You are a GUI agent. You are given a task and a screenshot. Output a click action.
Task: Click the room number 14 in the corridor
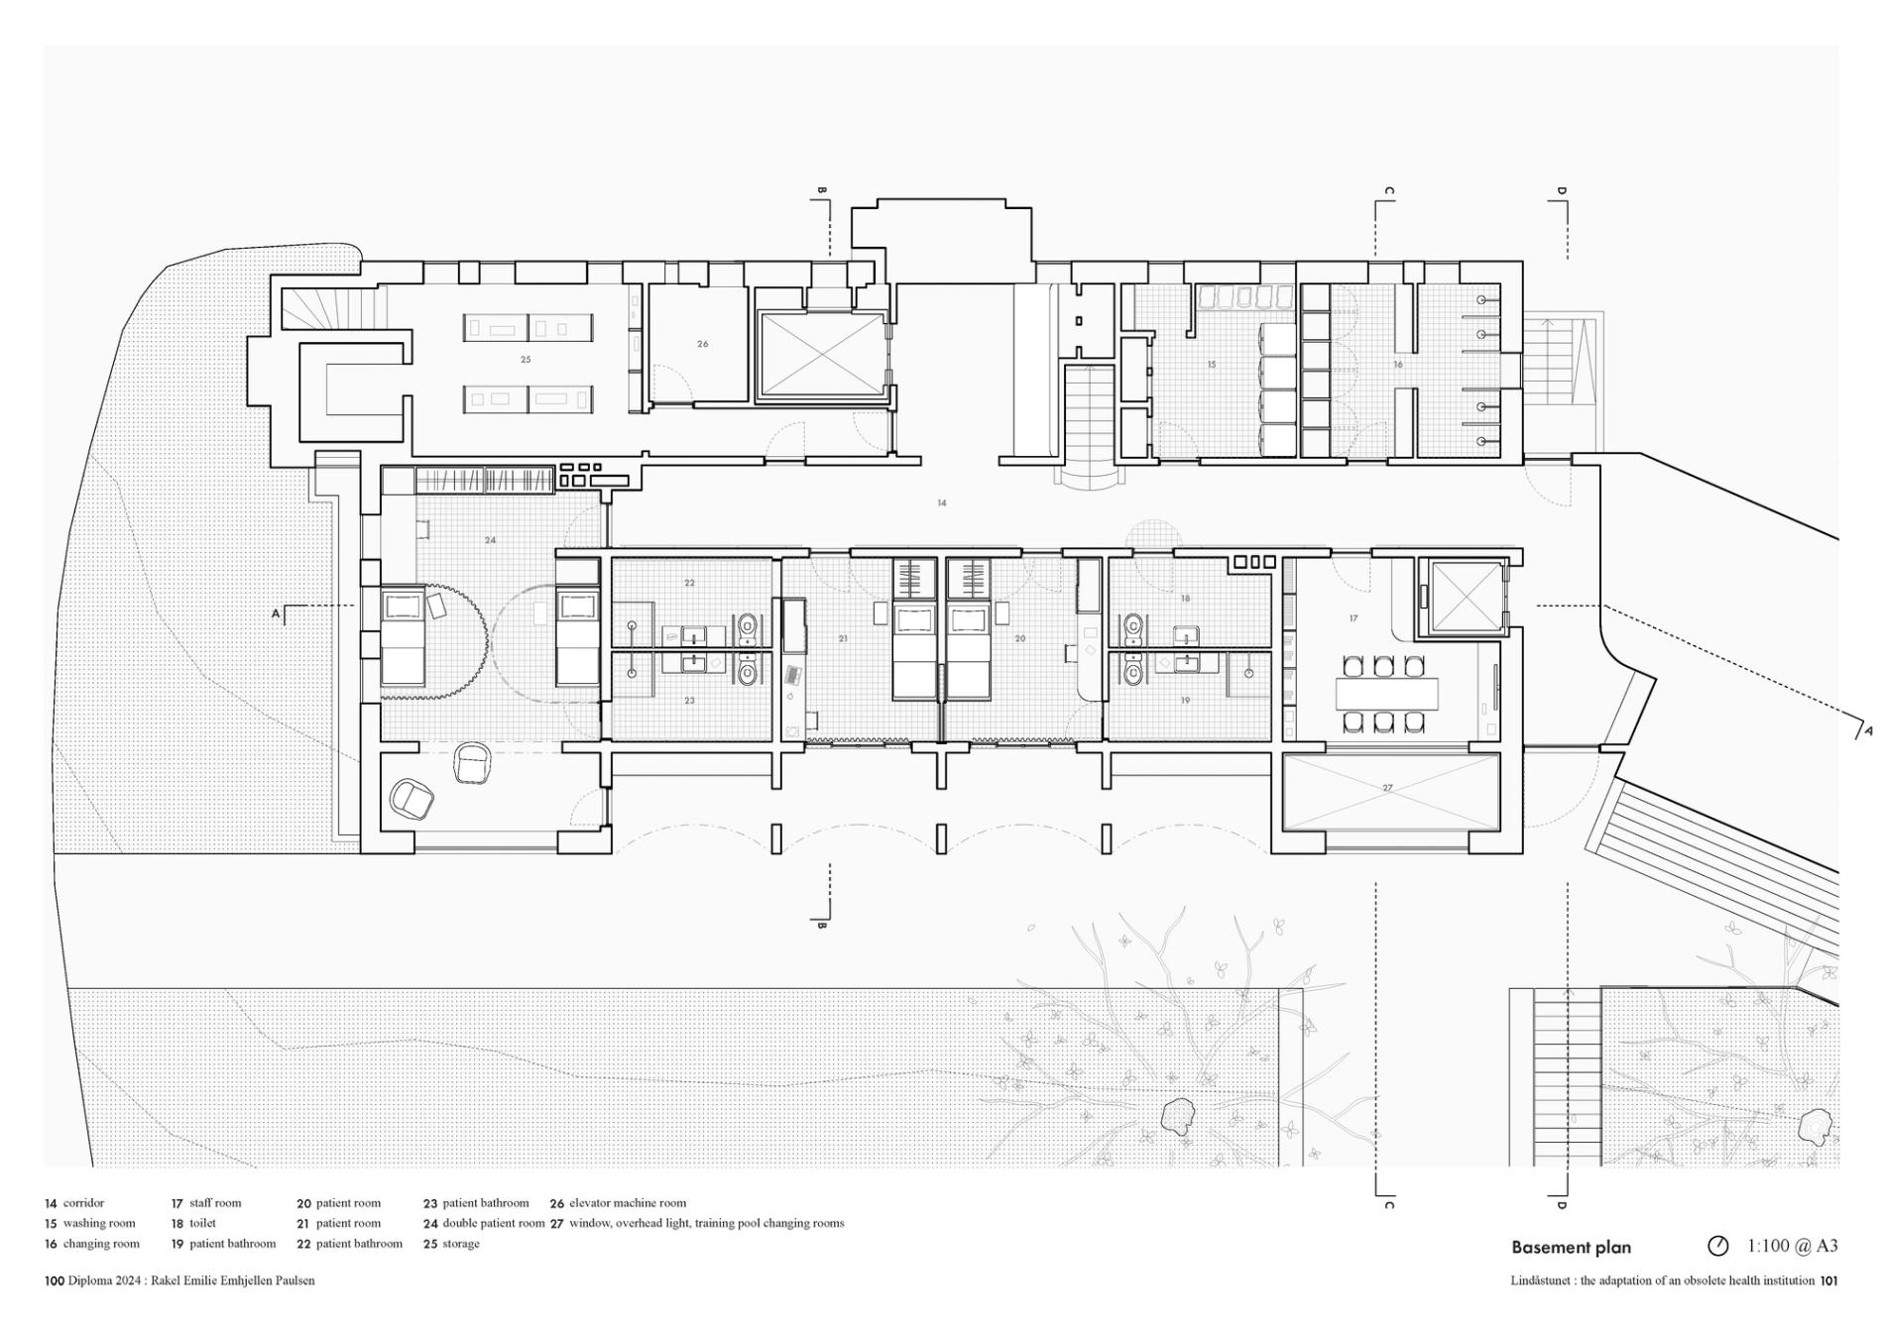(941, 503)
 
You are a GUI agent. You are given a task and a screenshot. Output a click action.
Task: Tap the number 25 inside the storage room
(526, 360)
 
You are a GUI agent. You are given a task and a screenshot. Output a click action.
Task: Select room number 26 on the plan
(702, 344)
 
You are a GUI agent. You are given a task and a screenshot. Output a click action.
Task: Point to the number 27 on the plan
(1387, 788)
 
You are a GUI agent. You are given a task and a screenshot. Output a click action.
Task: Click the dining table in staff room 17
(1386, 694)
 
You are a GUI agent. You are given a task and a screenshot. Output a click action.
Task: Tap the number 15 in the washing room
(1211, 365)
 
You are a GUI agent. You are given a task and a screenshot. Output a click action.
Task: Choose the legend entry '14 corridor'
(74, 1203)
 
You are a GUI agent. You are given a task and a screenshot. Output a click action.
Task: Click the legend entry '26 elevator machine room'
(618, 1203)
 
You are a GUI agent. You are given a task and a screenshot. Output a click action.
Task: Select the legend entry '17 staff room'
(206, 1203)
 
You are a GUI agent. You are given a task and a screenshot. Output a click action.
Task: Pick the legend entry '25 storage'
(451, 1244)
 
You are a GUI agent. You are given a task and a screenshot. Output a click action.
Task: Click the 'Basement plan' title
(1571, 1248)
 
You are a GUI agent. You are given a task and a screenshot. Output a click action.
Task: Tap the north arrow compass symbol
(1717, 1246)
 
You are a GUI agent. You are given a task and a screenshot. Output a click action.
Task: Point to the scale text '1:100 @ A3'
(1792, 1246)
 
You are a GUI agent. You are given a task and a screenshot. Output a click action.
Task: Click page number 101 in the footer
(1828, 1280)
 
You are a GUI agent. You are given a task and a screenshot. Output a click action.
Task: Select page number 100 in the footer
(55, 1280)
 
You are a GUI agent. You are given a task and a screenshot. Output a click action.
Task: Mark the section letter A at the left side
(277, 614)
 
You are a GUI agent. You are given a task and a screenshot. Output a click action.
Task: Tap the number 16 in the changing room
(1398, 365)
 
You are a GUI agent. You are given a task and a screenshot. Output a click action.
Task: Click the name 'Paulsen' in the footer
(294, 1280)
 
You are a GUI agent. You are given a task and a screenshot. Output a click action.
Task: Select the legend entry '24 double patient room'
(484, 1224)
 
